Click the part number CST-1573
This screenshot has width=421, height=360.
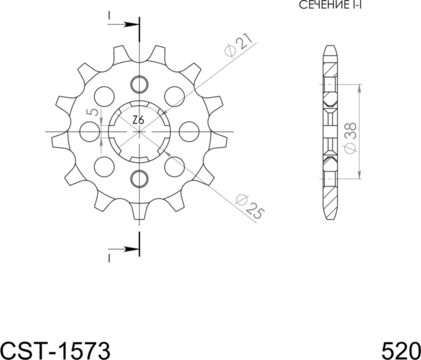(x=55, y=349)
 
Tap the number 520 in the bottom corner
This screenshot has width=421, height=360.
(x=401, y=349)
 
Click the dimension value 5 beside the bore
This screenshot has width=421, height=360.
(x=94, y=112)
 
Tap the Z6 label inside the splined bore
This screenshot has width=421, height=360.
(x=138, y=120)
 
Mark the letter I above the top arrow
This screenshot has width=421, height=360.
(x=109, y=15)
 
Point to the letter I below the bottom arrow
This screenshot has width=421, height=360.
(x=109, y=258)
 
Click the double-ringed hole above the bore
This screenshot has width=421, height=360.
(x=139, y=85)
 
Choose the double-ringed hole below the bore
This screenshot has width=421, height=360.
(x=139, y=179)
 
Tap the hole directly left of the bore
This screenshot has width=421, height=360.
(x=89, y=131)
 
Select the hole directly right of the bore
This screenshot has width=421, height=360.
(x=189, y=131)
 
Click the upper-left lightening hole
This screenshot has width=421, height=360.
(x=104, y=96)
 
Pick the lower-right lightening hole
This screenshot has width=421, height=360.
(x=174, y=167)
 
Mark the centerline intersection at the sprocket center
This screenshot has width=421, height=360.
(x=139, y=131)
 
